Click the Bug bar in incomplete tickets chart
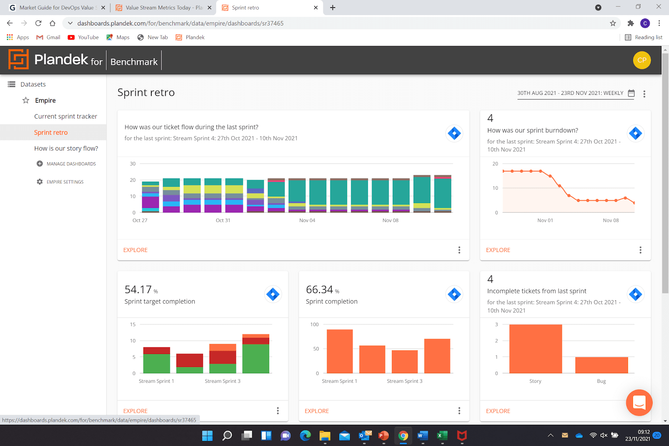tap(601, 365)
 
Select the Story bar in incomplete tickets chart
tap(535, 349)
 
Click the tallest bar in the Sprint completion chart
tap(340, 351)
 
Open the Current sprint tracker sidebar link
tap(66, 116)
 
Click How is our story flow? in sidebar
tap(66, 148)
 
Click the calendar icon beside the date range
tap(631, 93)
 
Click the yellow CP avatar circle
tap(642, 60)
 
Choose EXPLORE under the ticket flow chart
tap(135, 250)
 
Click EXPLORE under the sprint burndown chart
tap(498, 250)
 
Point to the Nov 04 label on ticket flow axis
tap(307, 220)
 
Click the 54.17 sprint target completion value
tap(138, 290)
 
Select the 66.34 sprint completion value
tap(319, 290)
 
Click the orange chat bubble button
tap(639, 403)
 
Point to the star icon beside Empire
tap(26, 100)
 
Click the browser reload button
tap(38, 23)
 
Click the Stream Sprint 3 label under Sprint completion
tap(404, 381)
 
